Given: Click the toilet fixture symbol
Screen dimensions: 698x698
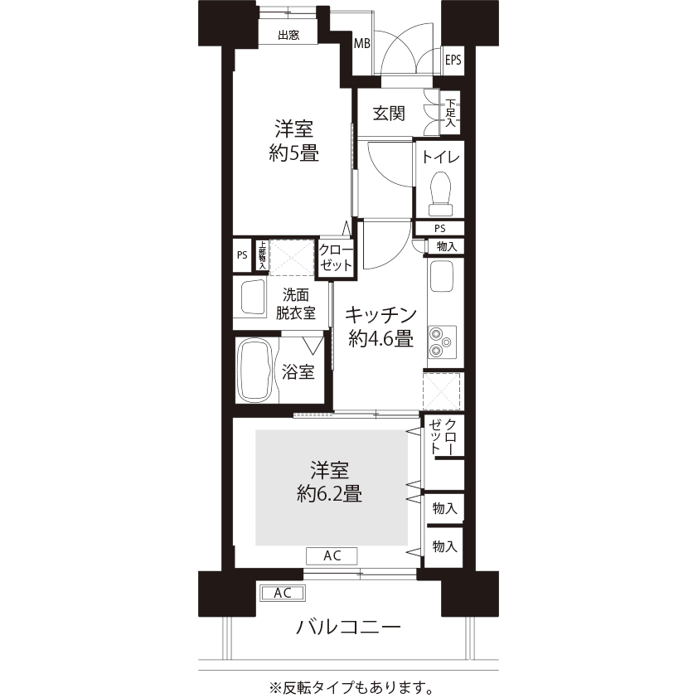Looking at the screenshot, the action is click(440, 194).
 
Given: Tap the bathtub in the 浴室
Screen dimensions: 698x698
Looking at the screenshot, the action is click(255, 371).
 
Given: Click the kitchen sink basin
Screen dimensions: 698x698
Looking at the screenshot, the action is click(442, 276).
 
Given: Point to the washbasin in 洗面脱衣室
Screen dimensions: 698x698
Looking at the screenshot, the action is click(254, 297).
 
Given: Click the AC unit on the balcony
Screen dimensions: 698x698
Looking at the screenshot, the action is click(283, 593).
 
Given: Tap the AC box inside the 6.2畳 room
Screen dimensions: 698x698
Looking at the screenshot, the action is click(332, 555).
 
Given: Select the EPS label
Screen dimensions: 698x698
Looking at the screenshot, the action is click(453, 60).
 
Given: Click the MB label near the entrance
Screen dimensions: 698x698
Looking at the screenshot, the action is click(362, 44).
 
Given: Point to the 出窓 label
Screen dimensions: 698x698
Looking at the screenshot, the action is click(288, 35).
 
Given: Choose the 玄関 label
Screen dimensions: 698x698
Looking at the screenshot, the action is click(389, 114).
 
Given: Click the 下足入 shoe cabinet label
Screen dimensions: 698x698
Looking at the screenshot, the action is click(450, 112).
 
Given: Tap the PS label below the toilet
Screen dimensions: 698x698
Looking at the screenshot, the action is click(440, 229).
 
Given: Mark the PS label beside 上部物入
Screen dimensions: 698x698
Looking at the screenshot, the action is click(242, 255).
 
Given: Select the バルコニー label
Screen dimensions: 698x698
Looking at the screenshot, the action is click(348, 628).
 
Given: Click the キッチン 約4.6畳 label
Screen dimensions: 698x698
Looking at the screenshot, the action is click(381, 327).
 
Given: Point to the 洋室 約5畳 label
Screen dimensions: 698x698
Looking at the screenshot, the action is click(293, 141).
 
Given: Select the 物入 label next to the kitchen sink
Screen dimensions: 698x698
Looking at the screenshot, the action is click(447, 246).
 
